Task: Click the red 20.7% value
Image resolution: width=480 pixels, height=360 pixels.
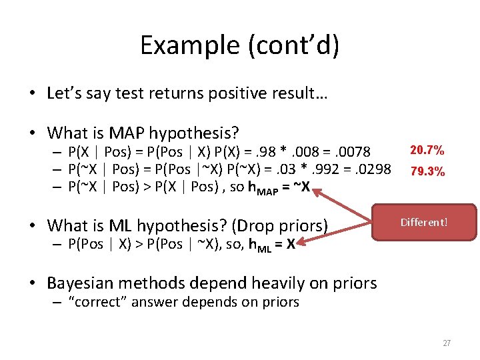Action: pyautogui.click(x=427, y=151)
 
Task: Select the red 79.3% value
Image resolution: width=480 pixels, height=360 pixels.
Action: pyautogui.click(x=427, y=171)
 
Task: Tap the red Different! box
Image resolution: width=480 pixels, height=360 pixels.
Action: pyautogui.click(x=424, y=222)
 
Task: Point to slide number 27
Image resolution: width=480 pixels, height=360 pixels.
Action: pyautogui.click(x=447, y=343)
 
